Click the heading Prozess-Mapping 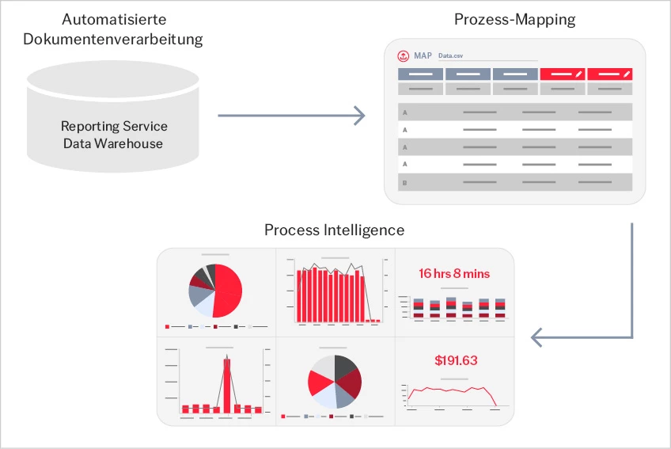514,20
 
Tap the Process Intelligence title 334,230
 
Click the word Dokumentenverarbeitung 113,39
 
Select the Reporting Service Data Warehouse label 113,135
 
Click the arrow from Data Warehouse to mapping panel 291,116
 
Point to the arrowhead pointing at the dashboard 536,337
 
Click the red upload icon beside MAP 403,55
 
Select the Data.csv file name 450,55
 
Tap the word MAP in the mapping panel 423,55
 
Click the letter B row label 404,183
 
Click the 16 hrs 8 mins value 454,273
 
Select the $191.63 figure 456,360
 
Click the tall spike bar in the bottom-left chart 227,386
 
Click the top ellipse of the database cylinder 113,80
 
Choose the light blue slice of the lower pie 324,394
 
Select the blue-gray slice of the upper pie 199,295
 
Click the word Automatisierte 114,19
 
